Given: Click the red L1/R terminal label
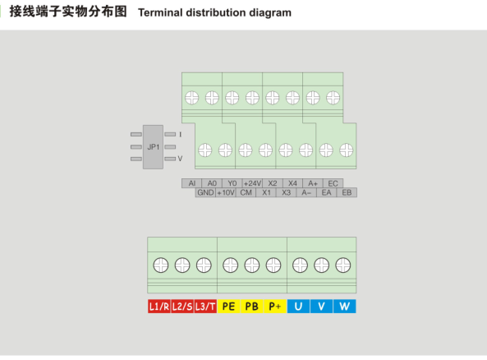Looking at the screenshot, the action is pos(159,307).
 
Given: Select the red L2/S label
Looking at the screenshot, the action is pos(182,307).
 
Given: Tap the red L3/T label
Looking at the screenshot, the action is pos(205,307).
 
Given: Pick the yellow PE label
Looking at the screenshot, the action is pos(228,307).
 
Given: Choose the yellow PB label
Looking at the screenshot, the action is pos(251,307).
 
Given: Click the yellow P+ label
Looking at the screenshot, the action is pos(275,307).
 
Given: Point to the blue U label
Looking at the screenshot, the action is pos(298,307).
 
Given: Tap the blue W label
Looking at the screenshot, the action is pos(344,307).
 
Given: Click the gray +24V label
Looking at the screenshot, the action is pos(252,183).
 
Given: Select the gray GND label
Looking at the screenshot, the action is pos(205,193).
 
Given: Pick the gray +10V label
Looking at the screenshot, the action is pos(226,193).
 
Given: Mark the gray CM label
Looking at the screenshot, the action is pos(246,193).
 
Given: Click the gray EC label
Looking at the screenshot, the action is pos(333,183).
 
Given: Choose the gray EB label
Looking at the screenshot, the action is pos(347,193).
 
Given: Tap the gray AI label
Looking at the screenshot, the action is pos(191,183).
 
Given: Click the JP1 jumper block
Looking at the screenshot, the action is pos(153,147).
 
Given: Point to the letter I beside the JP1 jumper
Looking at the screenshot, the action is pos(180,135).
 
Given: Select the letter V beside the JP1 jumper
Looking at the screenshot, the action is pos(180,159).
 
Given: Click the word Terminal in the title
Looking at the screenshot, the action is pos(160,13).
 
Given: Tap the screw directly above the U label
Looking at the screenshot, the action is pos(300,265).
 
